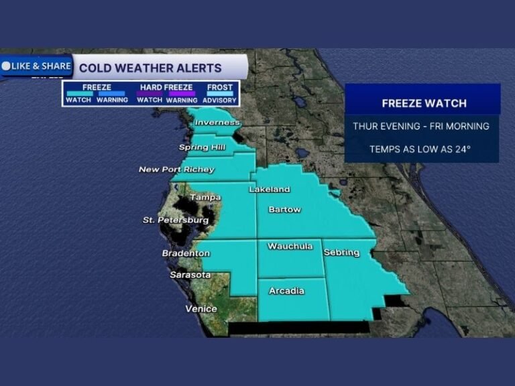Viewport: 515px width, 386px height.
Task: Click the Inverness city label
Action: pos(217,123)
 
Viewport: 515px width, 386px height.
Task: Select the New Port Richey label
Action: pos(176,170)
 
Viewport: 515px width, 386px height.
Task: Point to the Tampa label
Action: pos(205,197)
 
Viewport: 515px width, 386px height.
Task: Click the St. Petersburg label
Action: pos(176,220)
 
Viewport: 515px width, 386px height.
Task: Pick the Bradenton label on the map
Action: pos(186,253)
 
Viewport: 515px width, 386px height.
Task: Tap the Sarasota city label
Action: pos(190,275)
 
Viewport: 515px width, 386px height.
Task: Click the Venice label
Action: pos(201,309)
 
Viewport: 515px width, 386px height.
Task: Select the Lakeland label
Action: pos(270,190)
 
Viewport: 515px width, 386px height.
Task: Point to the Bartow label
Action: pos(284,210)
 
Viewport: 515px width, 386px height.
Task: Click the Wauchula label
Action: pos(290,246)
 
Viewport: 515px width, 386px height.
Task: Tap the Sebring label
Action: pos(341,253)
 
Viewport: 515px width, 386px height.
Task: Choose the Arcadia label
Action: pos(286,291)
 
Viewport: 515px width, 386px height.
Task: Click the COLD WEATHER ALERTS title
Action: pos(150,68)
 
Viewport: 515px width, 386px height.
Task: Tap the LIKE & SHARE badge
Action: pos(37,66)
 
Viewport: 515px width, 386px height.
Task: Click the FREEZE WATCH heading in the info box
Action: pos(424,103)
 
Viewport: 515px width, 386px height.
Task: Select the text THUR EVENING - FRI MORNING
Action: pos(421,126)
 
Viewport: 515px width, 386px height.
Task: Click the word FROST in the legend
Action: pos(220,87)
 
